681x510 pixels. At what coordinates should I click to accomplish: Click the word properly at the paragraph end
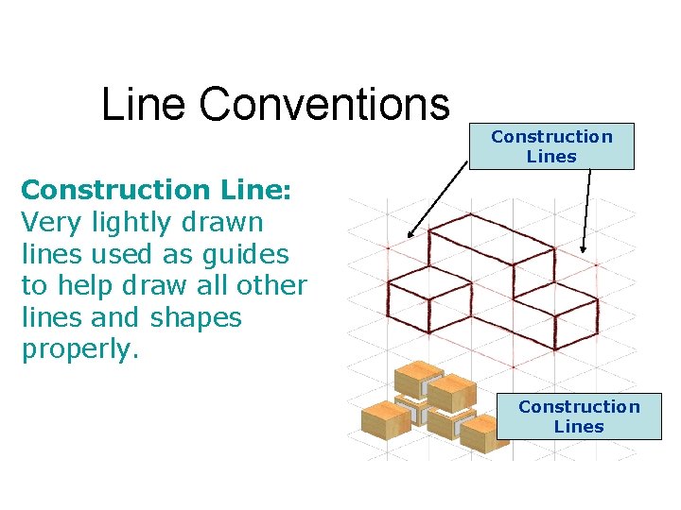(79, 350)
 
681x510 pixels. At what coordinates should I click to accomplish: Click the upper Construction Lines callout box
(551, 146)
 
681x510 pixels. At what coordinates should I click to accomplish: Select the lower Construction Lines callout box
(579, 416)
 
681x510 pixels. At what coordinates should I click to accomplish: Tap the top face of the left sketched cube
(430, 282)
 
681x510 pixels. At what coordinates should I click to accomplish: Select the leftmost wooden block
(382, 416)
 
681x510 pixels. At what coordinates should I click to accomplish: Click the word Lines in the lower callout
(579, 427)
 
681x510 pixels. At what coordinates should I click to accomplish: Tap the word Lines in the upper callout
(551, 157)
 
